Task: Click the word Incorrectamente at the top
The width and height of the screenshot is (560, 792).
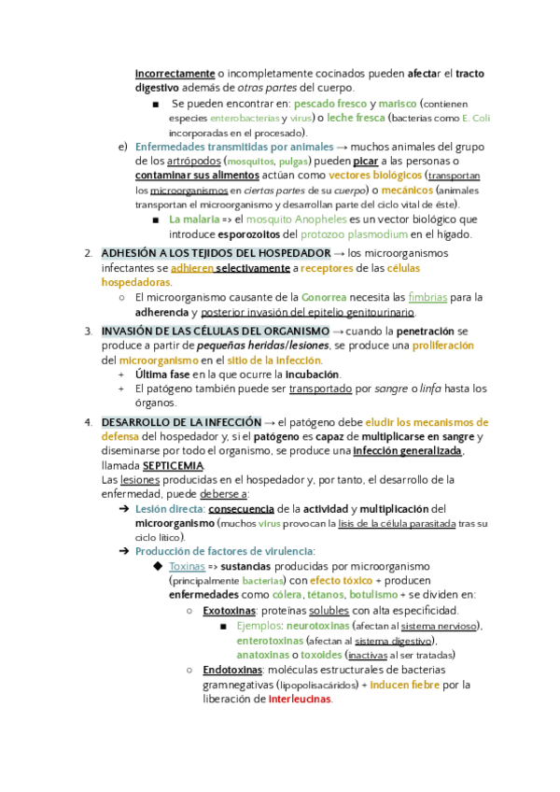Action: tap(174, 73)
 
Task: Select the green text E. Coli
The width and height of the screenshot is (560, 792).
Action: tap(476, 119)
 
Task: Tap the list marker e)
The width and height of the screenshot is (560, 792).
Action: tap(122, 148)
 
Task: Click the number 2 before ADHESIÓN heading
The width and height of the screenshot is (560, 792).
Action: tap(87, 253)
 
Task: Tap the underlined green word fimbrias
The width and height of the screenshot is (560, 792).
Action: tap(428, 298)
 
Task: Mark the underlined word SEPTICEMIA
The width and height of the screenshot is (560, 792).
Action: tap(173, 465)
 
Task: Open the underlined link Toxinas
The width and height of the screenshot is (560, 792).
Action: tap(187, 566)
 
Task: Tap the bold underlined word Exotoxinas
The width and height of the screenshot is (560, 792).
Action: tap(231, 611)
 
